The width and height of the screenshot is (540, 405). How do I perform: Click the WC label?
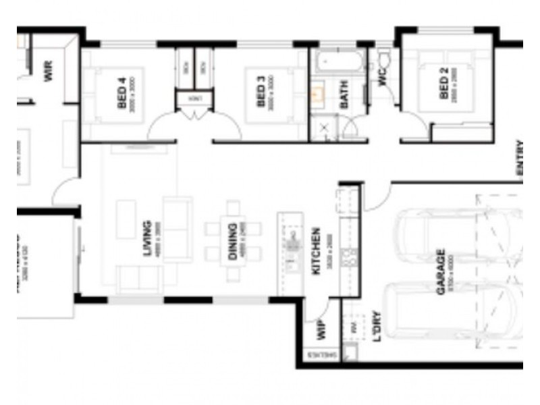[x=383, y=78]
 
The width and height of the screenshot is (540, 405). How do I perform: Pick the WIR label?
[x=48, y=71]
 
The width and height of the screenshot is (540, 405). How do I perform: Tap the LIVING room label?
[x=146, y=239]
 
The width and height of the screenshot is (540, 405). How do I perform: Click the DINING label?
[x=233, y=242]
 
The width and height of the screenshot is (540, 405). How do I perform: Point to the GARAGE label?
[x=441, y=271]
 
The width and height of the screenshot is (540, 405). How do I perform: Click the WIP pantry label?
[x=321, y=330]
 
